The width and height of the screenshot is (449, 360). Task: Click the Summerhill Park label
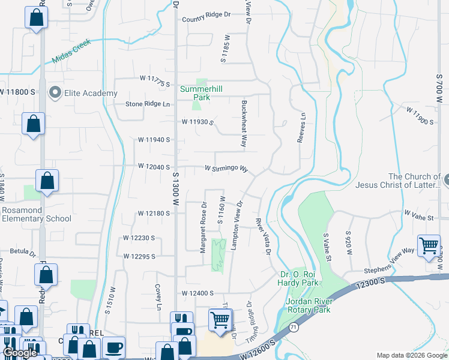pos(201,92)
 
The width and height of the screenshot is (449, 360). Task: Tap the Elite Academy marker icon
pos(55,92)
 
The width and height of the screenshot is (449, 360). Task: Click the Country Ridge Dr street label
pos(206,14)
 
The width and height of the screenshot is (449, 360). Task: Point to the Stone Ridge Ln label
pos(148,104)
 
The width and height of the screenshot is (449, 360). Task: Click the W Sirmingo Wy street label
pos(226,169)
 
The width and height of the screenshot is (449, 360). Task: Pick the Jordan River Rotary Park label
pos(316,305)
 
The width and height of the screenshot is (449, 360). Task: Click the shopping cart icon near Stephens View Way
pos(429,246)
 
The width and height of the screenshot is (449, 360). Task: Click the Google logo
pos(20,353)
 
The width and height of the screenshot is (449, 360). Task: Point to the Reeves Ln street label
pos(302,128)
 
